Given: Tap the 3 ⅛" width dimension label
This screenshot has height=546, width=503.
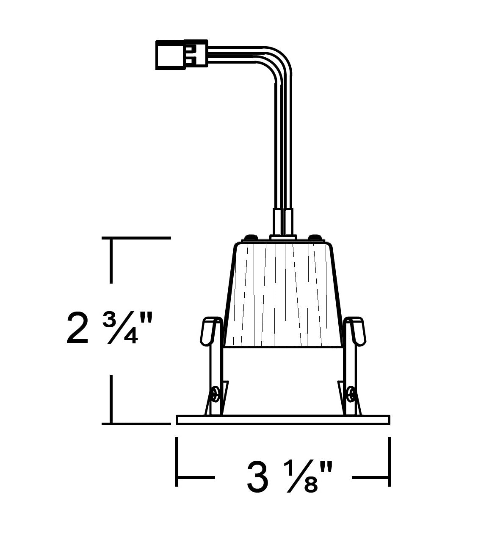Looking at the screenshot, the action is tap(290, 476).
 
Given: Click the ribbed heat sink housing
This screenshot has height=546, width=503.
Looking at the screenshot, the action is tap(283, 295).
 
